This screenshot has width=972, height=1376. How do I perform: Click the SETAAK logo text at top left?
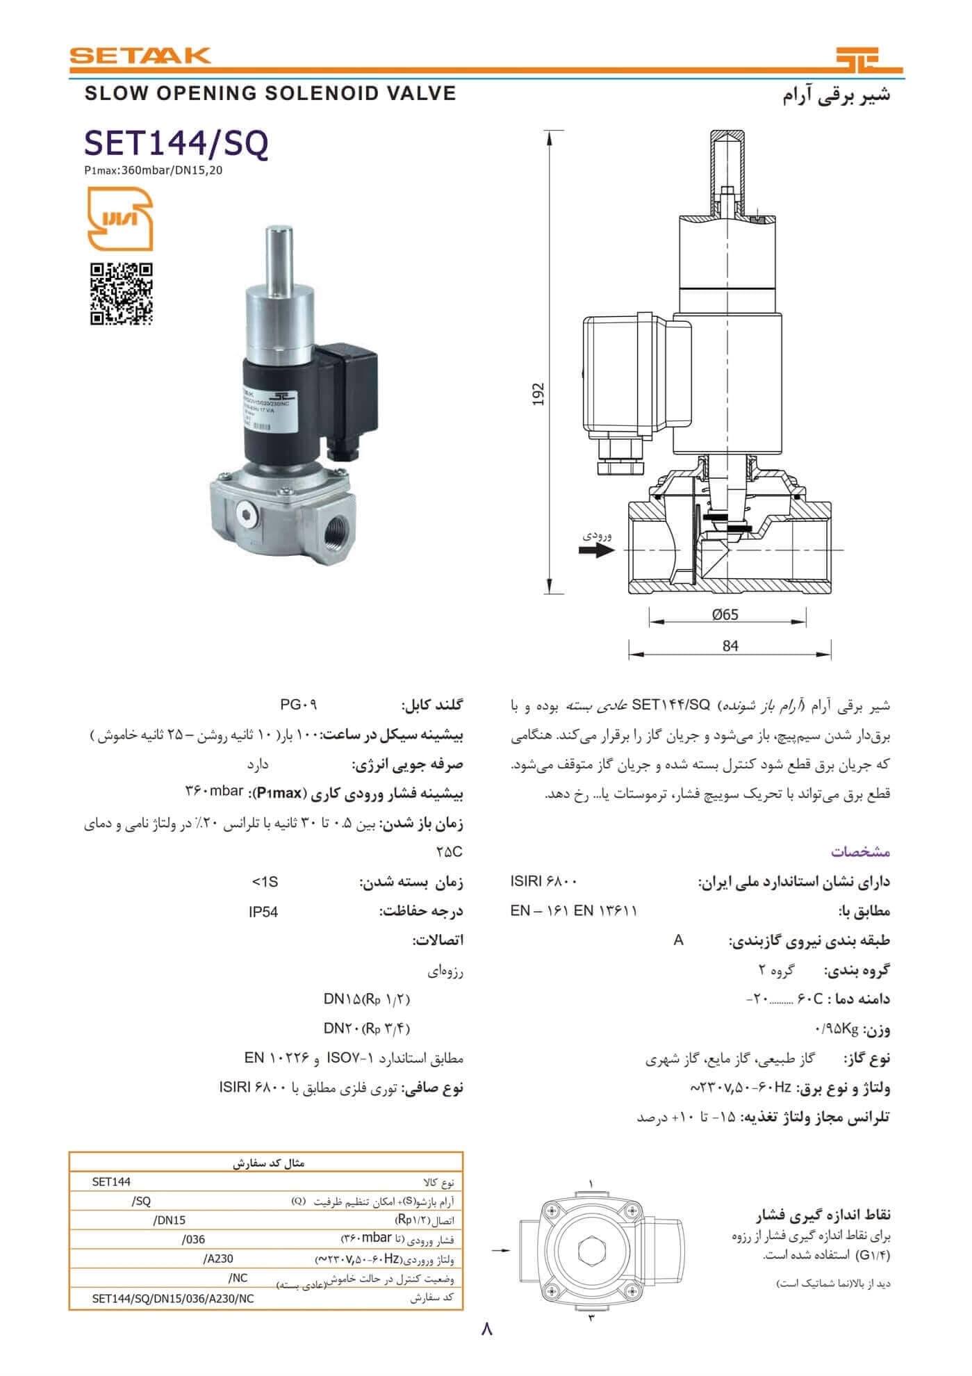coord(140,55)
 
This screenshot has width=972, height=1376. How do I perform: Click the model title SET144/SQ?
coord(176,144)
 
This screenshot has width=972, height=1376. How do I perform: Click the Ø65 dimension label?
coord(725,614)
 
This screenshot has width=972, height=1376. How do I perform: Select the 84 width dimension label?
coord(730,646)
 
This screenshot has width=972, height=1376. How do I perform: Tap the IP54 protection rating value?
coord(263,912)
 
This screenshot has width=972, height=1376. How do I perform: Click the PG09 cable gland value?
coord(299,705)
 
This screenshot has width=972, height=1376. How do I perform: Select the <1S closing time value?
coord(265,882)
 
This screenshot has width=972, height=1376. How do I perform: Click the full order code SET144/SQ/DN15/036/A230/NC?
coord(173,1297)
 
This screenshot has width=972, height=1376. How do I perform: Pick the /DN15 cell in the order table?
coord(169,1220)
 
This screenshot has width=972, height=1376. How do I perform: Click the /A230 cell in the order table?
coord(219,1259)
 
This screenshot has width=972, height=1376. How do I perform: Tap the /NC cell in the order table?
coord(238,1277)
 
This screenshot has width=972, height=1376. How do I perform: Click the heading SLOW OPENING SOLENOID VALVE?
coord(270,93)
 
